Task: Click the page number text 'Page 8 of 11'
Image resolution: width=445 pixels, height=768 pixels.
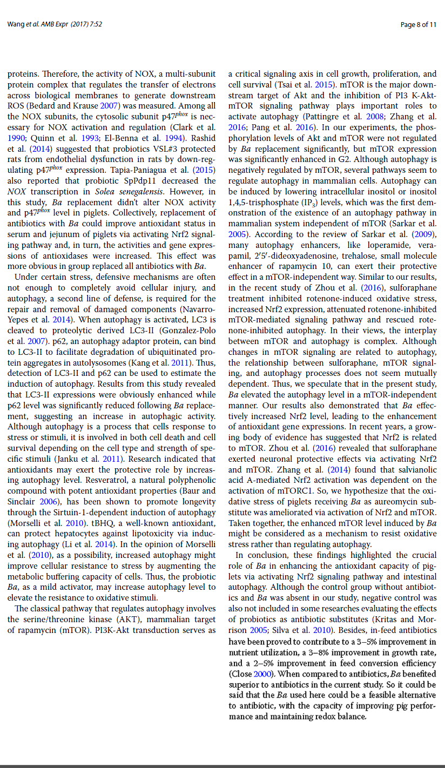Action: (x=419, y=24)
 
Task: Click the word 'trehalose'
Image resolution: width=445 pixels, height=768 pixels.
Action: (x=339, y=256)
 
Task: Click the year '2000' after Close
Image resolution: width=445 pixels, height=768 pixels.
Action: (x=263, y=674)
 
